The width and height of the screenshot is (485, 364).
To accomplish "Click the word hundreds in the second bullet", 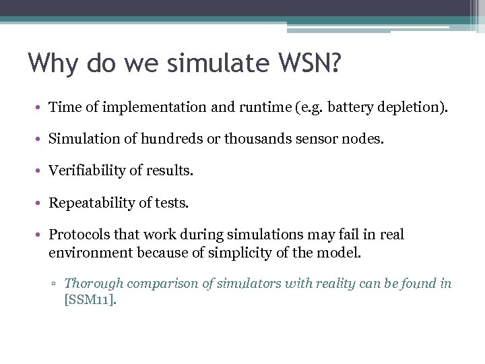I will point(168,140).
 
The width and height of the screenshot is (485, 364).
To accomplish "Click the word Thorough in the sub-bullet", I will point(90,284).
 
